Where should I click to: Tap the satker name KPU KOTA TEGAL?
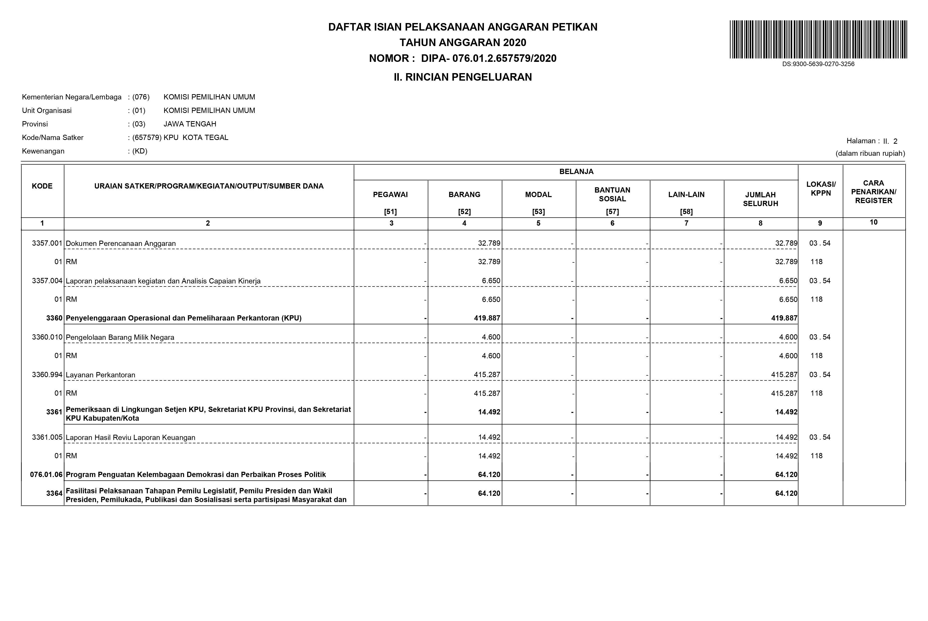point(196,138)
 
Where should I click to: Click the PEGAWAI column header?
point(390,195)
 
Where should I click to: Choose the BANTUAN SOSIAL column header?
point(612,195)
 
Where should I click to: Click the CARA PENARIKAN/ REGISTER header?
point(873,192)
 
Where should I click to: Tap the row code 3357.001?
point(47,243)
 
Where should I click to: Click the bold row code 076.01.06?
point(46,475)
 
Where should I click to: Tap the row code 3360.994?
point(47,375)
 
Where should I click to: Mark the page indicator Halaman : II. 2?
point(872,141)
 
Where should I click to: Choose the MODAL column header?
point(538,195)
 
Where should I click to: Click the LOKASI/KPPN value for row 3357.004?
point(820,281)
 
